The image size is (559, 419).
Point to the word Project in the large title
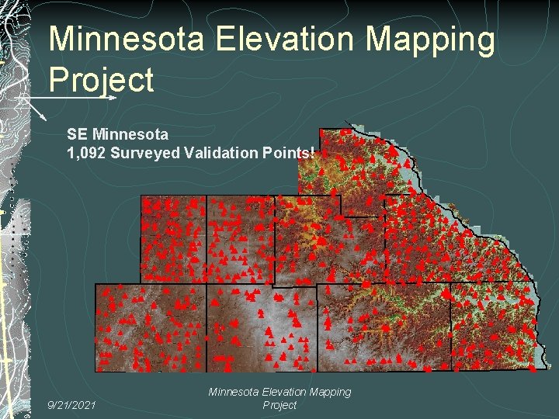pyautogui.click(x=101, y=79)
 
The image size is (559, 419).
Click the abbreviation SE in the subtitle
pyautogui.click(x=78, y=134)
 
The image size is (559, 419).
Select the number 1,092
pyautogui.click(x=87, y=152)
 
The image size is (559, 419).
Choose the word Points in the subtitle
pyautogui.click(x=287, y=152)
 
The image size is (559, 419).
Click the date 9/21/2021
pyautogui.click(x=71, y=404)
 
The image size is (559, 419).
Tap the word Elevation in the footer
pyautogui.click(x=292, y=393)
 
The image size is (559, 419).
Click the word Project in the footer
pyautogui.click(x=279, y=405)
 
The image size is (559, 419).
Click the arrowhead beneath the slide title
pyautogui.click(x=112, y=98)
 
